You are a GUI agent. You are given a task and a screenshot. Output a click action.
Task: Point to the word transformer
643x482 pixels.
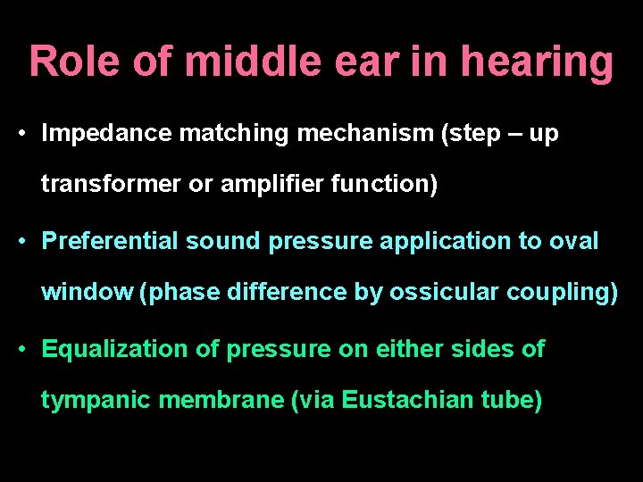click(x=104, y=186)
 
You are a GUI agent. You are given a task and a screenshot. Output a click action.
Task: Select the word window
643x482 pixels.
click(x=87, y=293)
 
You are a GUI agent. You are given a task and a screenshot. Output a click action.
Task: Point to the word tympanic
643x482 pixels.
click(x=96, y=401)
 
